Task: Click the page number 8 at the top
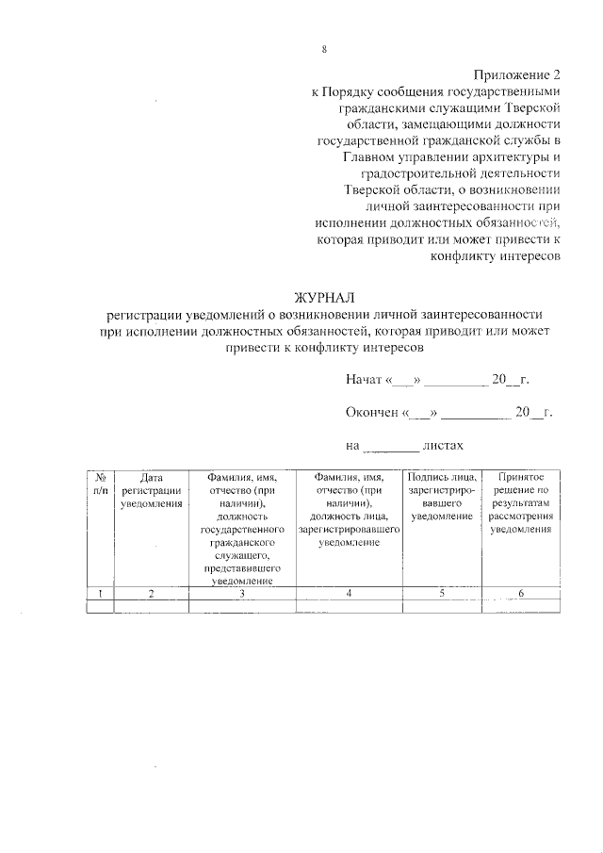323,49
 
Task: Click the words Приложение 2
517,74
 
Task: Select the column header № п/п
100,484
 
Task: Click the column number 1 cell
100,592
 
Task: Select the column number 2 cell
151,592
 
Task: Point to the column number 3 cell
242,592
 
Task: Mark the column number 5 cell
442,592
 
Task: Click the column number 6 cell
521,592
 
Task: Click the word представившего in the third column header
242,569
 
